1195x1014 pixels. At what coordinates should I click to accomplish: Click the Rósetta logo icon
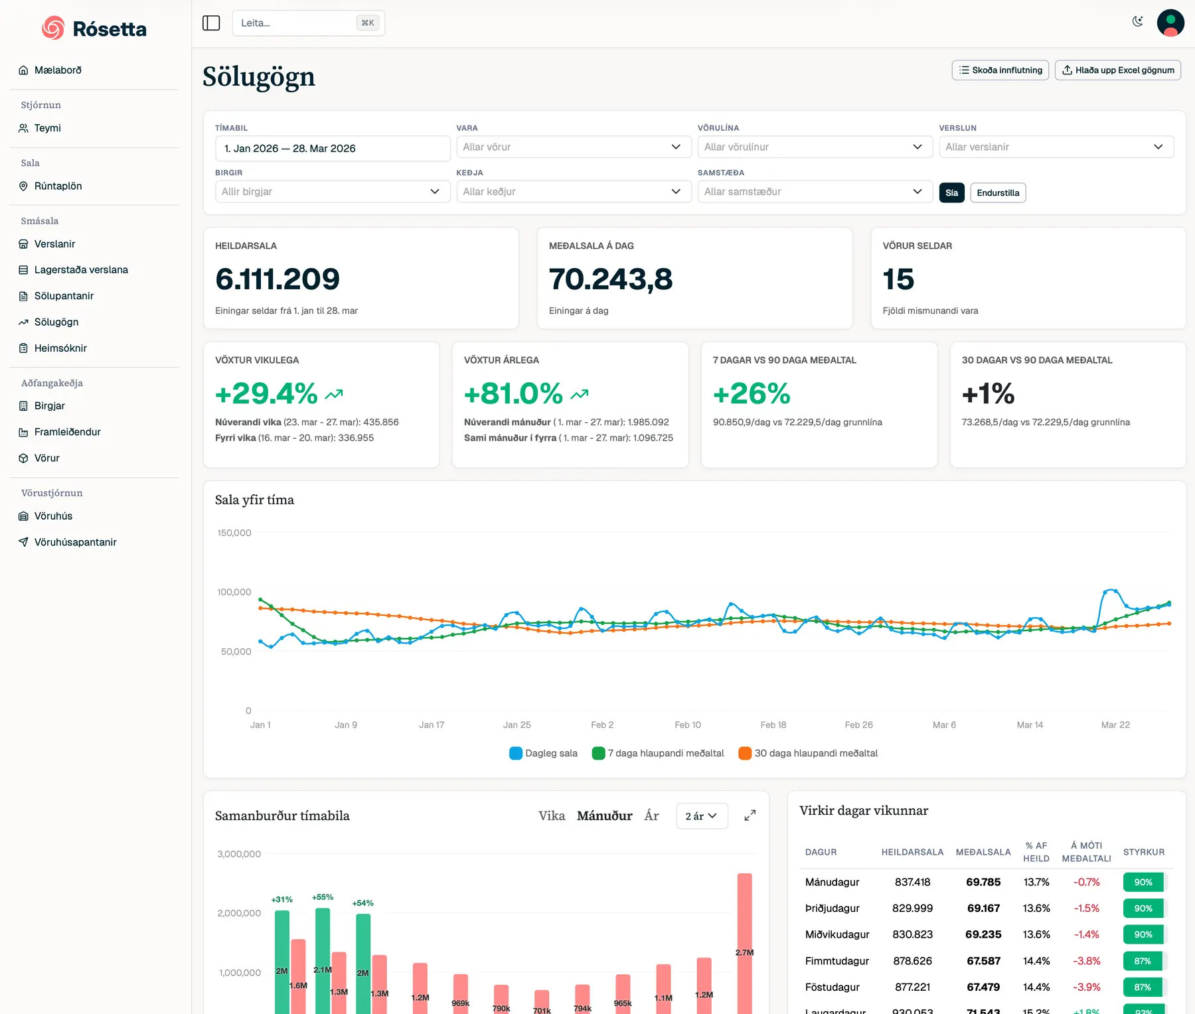[53, 28]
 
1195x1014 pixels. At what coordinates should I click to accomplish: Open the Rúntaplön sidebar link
[58, 186]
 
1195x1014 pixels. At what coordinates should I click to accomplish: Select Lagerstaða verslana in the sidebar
[80, 269]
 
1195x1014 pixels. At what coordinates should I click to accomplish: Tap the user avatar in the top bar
[1170, 23]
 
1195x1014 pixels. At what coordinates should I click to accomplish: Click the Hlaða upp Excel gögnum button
[1117, 70]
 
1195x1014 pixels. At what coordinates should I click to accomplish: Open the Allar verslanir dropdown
[1056, 147]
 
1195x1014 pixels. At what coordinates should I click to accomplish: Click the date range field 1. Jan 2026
[332, 149]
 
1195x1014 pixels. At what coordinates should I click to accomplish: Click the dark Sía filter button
[951, 193]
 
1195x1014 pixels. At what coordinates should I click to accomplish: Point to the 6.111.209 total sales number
[278, 279]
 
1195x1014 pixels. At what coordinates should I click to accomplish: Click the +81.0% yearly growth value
[513, 394]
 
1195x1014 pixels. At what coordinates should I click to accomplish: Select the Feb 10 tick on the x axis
[687, 725]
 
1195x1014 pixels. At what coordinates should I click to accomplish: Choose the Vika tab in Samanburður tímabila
[551, 816]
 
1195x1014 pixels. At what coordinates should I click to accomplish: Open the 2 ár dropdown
[701, 816]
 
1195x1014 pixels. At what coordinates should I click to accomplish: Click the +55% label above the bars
[323, 897]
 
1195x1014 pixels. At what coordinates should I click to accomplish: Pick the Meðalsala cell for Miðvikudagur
[983, 934]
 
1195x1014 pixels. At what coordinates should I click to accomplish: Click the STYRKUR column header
[1143, 852]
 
